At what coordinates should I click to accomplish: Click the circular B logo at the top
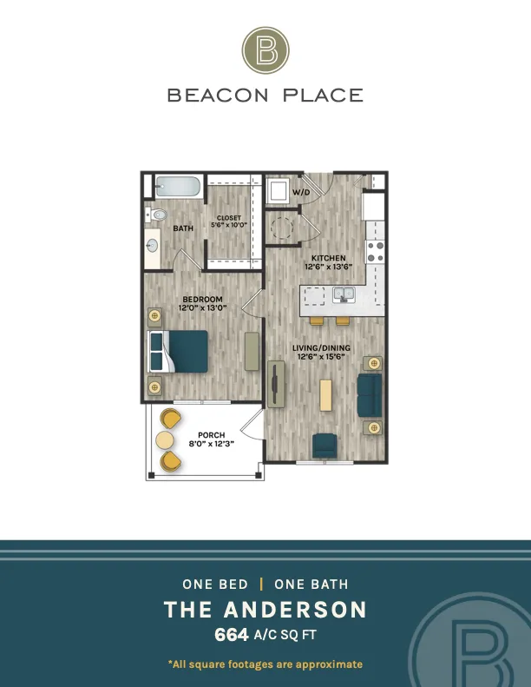click(265, 50)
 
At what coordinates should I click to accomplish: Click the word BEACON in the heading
click(218, 95)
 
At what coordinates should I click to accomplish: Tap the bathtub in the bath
click(178, 187)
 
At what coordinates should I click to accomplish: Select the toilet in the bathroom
click(156, 215)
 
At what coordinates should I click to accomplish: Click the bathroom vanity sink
click(152, 246)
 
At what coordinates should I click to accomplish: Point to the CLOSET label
click(229, 218)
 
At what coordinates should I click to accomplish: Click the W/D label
click(301, 192)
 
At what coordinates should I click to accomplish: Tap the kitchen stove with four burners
click(375, 252)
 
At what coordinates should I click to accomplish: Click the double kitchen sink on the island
click(344, 294)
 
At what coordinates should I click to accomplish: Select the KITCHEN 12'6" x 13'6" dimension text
click(328, 262)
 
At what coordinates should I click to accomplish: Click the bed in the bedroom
click(178, 352)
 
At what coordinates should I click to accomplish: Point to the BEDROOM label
click(203, 300)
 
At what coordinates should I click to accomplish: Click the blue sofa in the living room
click(370, 395)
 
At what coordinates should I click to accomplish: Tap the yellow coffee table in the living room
click(325, 395)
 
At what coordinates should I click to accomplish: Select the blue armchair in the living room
click(324, 446)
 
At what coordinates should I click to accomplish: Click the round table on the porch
click(165, 440)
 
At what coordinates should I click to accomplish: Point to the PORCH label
click(212, 435)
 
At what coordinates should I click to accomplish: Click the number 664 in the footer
click(232, 634)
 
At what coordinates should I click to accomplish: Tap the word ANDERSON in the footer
click(296, 610)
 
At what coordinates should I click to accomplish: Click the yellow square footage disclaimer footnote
click(265, 664)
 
